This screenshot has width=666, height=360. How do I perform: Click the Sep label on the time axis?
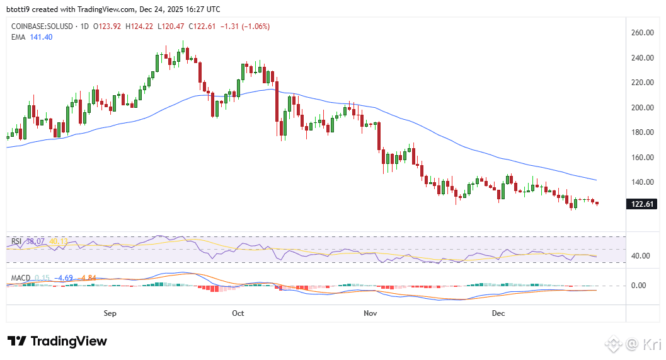(x=110, y=313)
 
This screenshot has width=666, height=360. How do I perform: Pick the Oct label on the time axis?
(x=238, y=313)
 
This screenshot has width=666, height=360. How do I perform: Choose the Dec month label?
(x=498, y=313)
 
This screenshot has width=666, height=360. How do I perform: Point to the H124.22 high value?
(x=140, y=26)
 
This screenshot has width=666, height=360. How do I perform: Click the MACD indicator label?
(x=20, y=277)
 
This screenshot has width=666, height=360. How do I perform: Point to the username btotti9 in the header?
(x=20, y=9)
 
